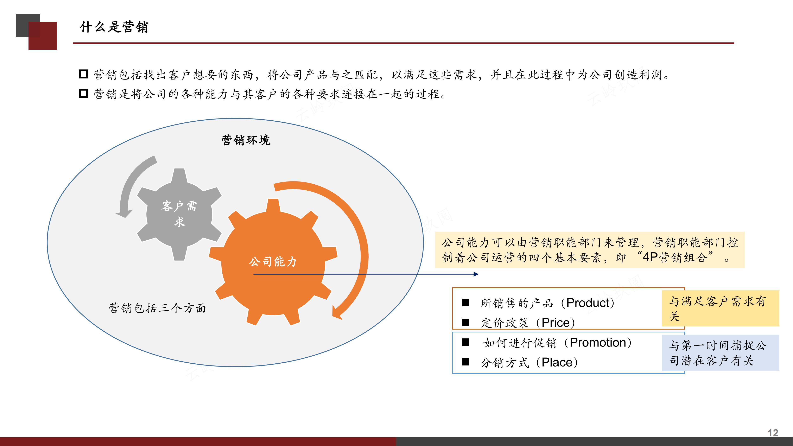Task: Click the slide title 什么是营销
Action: coord(114,27)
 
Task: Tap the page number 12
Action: coord(773,433)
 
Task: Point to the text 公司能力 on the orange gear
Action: coord(272,262)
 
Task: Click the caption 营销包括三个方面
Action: coord(157,308)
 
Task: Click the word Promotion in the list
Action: coord(597,342)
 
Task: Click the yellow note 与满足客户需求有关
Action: coord(720,308)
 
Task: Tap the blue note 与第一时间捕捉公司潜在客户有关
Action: coord(720,353)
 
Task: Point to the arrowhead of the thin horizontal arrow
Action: coord(476,274)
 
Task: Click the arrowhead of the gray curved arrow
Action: coord(123,214)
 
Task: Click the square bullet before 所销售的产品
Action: coord(465,302)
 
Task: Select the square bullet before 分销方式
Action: coord(465,362)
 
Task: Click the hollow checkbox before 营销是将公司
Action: coord(83,93)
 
